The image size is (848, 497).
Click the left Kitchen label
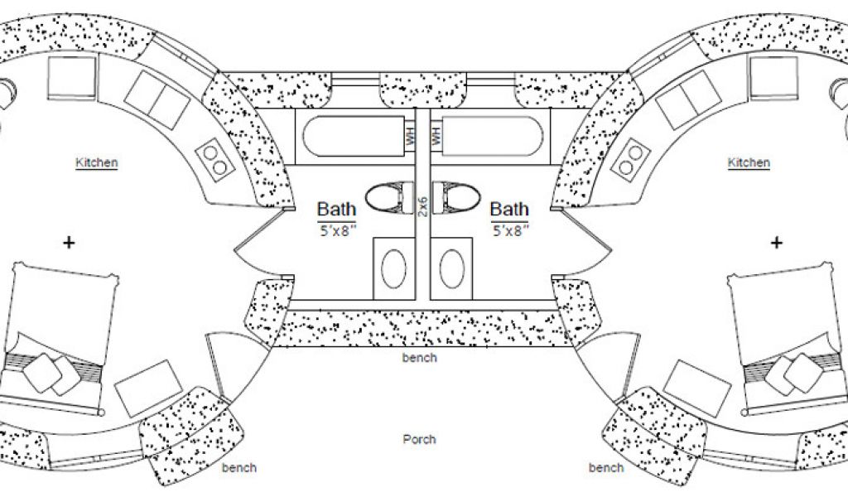(x=97, y=163)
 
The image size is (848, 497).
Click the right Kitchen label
(x=749, y=163)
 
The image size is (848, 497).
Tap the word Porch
(x=419, y=439)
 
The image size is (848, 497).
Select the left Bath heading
(x=337, y=209)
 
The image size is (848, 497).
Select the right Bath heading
(x=509, y=209)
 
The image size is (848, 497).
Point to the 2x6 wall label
(x=422, y=202)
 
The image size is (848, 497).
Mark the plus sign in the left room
(x=69, y=243)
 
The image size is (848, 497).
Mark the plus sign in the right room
(x=777, y=243)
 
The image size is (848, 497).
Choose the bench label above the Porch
(x=419, y=358)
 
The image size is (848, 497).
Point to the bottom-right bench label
(x=606, y=468)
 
